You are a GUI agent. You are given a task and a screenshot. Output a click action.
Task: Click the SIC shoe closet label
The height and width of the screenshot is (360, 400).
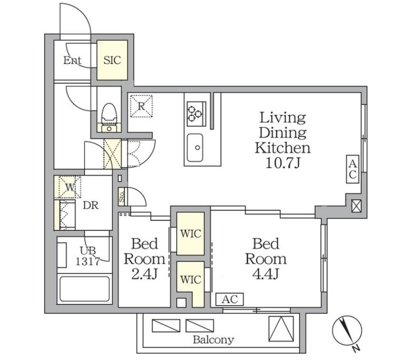[x=112, y=60]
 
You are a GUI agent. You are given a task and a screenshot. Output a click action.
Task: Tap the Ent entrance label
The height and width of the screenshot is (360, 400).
[x=72, y=61]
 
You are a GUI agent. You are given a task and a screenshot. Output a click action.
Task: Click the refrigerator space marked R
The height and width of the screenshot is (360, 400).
[x=141, y=106]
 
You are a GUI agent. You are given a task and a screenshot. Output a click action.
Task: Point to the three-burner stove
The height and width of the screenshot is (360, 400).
[x=197, y=114]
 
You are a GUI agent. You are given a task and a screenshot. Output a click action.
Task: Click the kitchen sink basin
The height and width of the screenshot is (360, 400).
[x=195, y=148]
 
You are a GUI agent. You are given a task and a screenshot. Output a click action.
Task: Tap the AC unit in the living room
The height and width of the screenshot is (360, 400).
[x=353, y=169]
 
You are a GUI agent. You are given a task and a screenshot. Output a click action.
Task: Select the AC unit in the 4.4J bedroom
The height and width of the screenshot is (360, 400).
[x=230, y=299]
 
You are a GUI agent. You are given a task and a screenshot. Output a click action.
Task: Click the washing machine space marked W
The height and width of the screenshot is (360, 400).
[x=70, y=187]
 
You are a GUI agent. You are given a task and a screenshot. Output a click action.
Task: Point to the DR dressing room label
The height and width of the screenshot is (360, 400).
[x=91, y=206]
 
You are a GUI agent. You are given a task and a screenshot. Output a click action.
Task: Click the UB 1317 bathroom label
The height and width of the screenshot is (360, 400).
[x=87, y=256]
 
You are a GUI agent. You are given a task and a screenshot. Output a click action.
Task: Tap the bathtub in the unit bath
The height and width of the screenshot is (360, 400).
[x=85, y=289]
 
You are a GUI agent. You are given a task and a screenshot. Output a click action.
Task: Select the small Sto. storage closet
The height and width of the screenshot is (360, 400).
[x=122, y=197]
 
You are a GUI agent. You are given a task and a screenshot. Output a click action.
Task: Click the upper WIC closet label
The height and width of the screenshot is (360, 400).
[x=191, y=233]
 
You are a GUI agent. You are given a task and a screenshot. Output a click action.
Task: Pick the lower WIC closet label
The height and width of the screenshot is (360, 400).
[x=191, y=280]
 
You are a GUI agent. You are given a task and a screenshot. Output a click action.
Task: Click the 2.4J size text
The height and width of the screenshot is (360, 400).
[x=144, y=274]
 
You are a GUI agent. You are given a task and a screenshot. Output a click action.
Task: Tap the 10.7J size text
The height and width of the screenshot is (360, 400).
[x=282, y=163]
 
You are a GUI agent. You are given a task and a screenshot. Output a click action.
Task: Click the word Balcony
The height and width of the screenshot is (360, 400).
[x=213, y=339]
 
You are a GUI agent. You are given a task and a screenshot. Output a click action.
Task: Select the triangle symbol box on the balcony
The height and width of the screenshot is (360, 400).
[x=281, y=329]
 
